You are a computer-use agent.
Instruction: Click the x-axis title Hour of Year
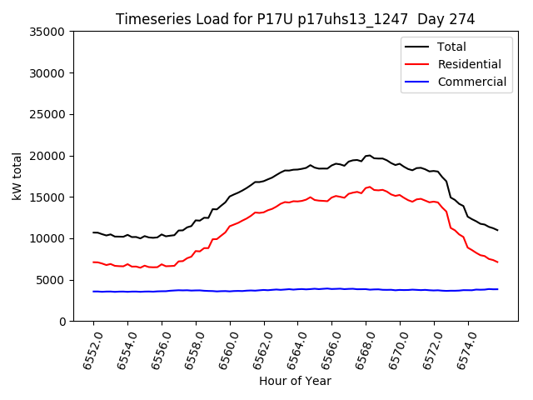click(x=295, y=381)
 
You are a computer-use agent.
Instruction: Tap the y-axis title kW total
click(x=17, y=177)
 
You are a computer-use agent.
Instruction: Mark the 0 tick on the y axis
click(x=62, y=322)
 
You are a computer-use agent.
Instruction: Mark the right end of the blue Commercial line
click(x=497, y=289)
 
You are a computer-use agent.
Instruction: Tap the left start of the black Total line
click(x=93, y=232)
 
